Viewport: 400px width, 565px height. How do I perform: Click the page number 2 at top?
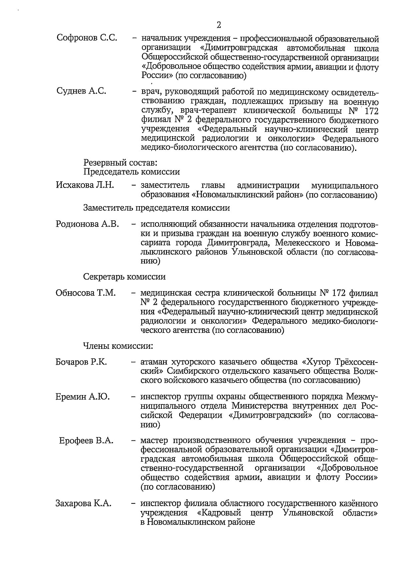click(x=218, y=25)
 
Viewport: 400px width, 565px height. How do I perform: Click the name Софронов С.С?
click(x=87, y=38)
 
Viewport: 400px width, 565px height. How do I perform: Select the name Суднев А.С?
click(x=81, y=91)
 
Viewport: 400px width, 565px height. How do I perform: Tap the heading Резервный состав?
click(x=120, y=163)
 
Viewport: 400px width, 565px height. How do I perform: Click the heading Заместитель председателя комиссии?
click(x=156, y=208)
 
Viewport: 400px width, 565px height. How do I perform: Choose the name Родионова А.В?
click(x=87, y=224)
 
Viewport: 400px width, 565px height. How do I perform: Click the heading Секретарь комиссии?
click(x=124, y=277)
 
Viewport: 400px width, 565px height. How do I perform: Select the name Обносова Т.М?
click(x=86, y=293)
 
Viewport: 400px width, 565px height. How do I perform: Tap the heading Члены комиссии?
click(x=118, y=346)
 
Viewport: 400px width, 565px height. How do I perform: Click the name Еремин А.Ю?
click(x=83, y=397)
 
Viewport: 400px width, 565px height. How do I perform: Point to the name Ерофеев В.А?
click(x=86, y=440)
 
